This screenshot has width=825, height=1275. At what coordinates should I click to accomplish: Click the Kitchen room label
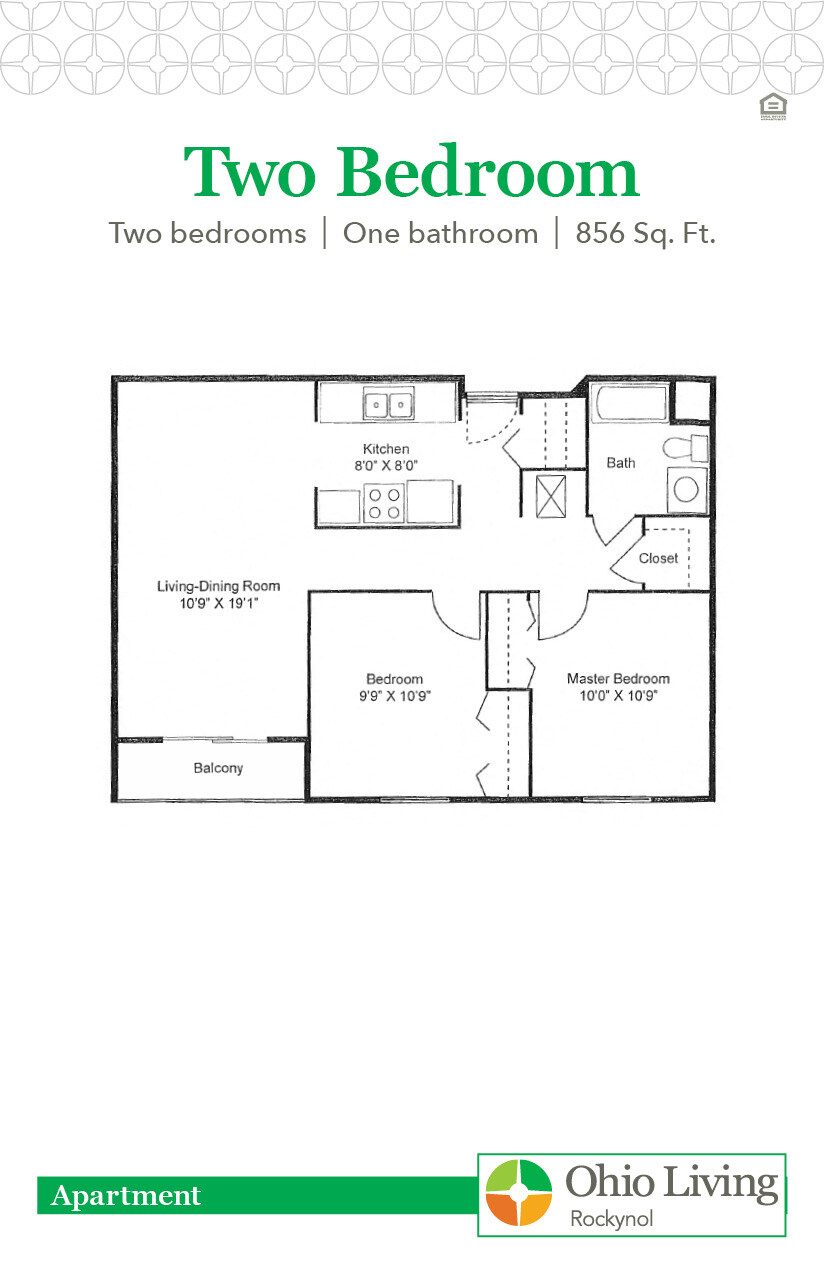pos(386,449)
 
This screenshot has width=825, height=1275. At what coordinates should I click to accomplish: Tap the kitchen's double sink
pos(388,405)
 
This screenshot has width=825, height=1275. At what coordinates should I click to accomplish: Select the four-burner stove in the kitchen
pos(384,503)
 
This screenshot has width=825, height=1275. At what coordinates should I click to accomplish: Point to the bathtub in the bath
pos(629,404)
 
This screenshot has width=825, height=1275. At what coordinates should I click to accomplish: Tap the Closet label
pos(658,558)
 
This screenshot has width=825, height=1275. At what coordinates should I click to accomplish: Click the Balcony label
pos(218,769)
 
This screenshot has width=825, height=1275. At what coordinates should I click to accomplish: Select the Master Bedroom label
pos(618,678)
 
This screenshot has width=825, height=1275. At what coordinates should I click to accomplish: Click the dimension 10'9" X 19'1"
pos(217,603)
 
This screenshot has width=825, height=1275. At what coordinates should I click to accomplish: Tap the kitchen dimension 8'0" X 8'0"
pos(386,465)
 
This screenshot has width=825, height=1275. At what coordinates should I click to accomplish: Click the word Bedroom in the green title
pos(487,173)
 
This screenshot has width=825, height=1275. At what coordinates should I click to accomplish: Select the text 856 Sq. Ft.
pos(645,234)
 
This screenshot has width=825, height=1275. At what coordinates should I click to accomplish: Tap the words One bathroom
pos(440,234)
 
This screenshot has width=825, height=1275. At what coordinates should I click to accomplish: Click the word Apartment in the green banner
pos(126,1195)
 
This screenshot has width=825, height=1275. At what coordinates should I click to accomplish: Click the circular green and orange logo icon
pos(518,1193)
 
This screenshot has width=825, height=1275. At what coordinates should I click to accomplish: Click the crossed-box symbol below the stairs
pos(551,496)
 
